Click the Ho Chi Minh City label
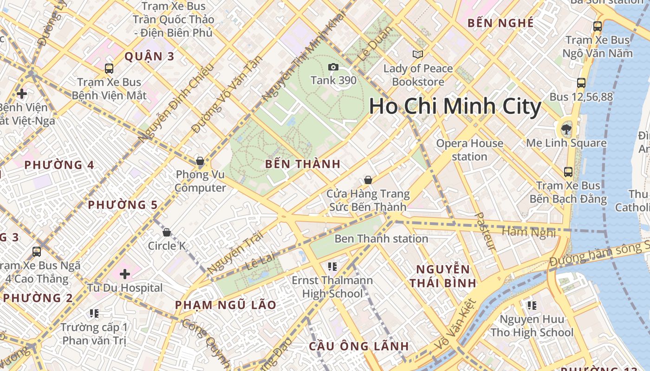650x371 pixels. pos(455,107)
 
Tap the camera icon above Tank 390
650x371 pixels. pos(333,67)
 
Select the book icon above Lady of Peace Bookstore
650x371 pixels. pos(418,55)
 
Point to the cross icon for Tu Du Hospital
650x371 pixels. pos(124,274)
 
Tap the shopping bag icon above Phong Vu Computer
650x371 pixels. pos(200,161)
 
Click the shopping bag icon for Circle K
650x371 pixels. pos(167,232)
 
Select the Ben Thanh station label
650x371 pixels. pos(381,239)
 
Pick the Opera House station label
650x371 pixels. pos(469,150)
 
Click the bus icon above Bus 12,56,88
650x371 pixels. pos(581,83)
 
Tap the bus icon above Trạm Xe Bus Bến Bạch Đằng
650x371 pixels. pos(568,172)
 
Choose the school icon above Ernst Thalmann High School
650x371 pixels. pos(332,266)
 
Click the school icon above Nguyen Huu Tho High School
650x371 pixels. pos(532,305)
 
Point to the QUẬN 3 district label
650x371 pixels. pos(149,57)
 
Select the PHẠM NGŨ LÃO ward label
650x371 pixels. pos(226,305)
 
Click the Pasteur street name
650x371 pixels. pos(486,231)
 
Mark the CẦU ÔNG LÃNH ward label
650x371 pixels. pos(359,346)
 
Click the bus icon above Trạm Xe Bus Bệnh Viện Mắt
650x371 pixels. pos(109,69)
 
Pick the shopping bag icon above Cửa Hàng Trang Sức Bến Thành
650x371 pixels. pos(368,180)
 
